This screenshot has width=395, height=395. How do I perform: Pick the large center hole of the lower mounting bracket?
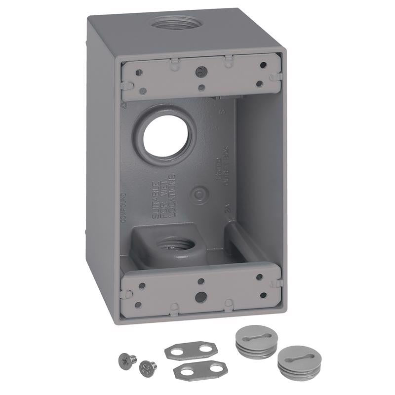(x=200, y=297)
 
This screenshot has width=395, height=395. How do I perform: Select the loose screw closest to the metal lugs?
(x=148, y=366)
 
